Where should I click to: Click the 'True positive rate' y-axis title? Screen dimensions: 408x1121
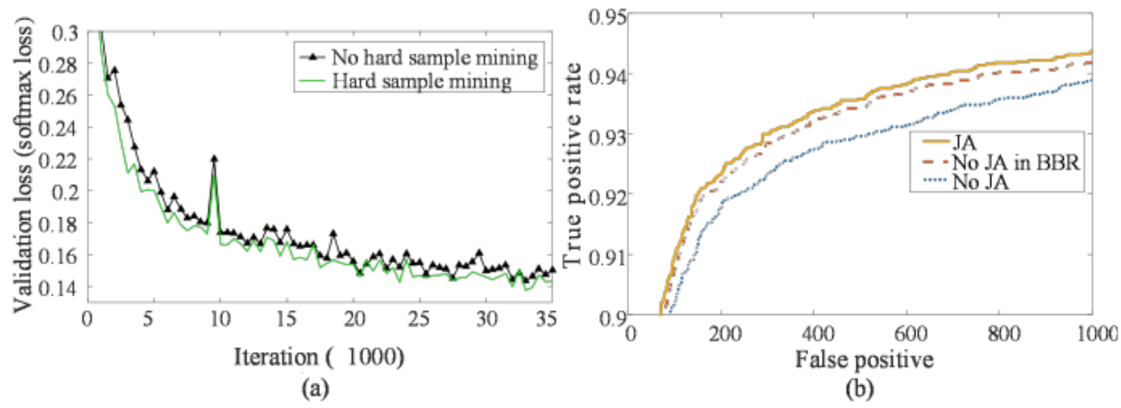(575, 165)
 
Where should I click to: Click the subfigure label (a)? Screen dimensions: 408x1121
(316, 387)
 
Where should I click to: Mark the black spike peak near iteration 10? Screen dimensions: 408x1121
(214, 158)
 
